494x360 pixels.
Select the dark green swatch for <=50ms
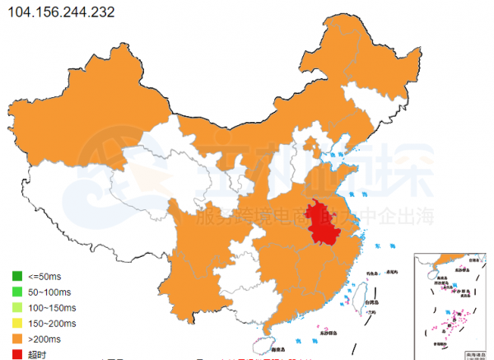(x=17, y=275)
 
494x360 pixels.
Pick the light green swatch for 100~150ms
(x=17, y=306)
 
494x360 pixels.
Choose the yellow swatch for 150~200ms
(x=17, y=322)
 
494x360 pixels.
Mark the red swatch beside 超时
(x=17, y=353)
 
